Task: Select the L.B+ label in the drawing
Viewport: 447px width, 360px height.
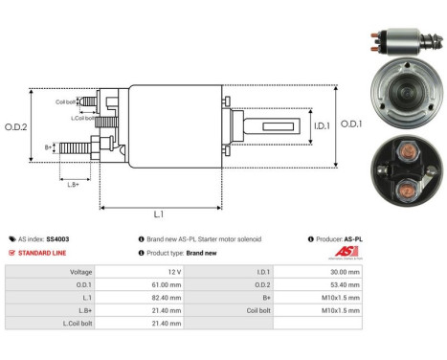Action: click(74, 183)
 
